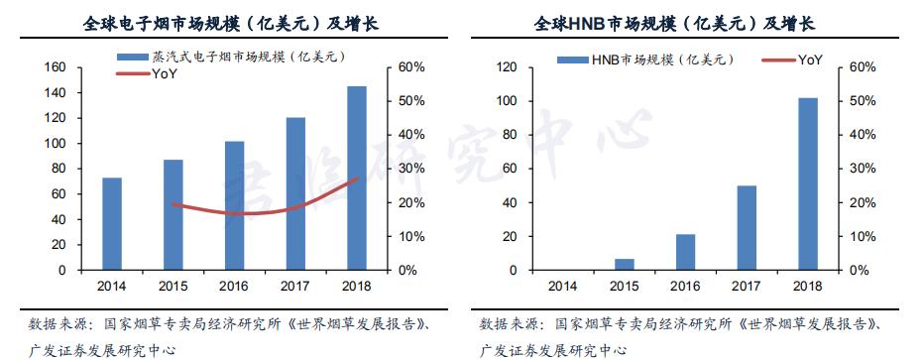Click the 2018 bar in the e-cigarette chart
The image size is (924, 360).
tap(356, 179)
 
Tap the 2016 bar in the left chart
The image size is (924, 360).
tap(234, 205)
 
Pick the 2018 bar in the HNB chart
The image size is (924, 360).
tap(808, 184)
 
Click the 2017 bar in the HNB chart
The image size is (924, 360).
tap(747, 228)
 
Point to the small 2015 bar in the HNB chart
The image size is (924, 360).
tap(624, 265)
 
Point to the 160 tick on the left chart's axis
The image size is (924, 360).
tap(56, 67)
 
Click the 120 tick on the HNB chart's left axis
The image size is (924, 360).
tap(509, 67)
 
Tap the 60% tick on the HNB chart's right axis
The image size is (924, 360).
tap(862, 67)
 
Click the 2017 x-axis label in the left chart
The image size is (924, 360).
tap(294, 287)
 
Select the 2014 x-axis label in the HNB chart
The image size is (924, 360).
tap(562, 287)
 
